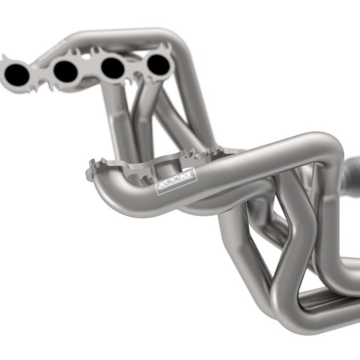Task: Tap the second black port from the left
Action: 65,71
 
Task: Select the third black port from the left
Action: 112,68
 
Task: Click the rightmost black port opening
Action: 158,65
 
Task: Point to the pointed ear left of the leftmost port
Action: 5,59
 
